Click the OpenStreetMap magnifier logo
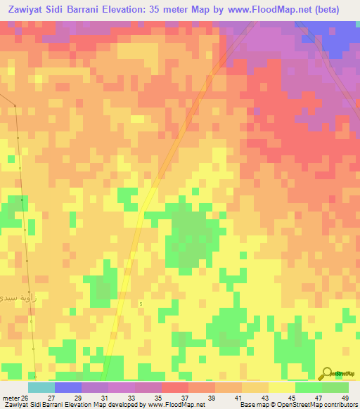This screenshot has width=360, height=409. click(x=327, y=374)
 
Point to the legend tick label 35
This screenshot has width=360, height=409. click(x=155, y=398)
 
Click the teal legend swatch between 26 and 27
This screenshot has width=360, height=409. click(x=41, y=387)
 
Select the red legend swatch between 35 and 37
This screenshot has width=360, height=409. click(x=175, y=387)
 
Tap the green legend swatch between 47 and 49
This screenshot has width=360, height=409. click(x=335, y=387)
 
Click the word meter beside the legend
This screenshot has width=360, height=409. click(x=8, y=398)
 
